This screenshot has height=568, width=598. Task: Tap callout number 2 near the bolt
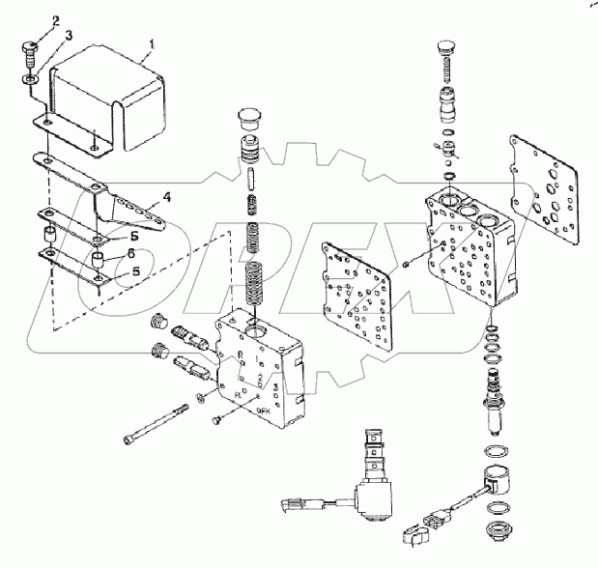pyautogui.click(x=28, y=20)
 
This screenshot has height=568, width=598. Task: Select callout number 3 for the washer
pyautogui.click(x=41, y=35)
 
